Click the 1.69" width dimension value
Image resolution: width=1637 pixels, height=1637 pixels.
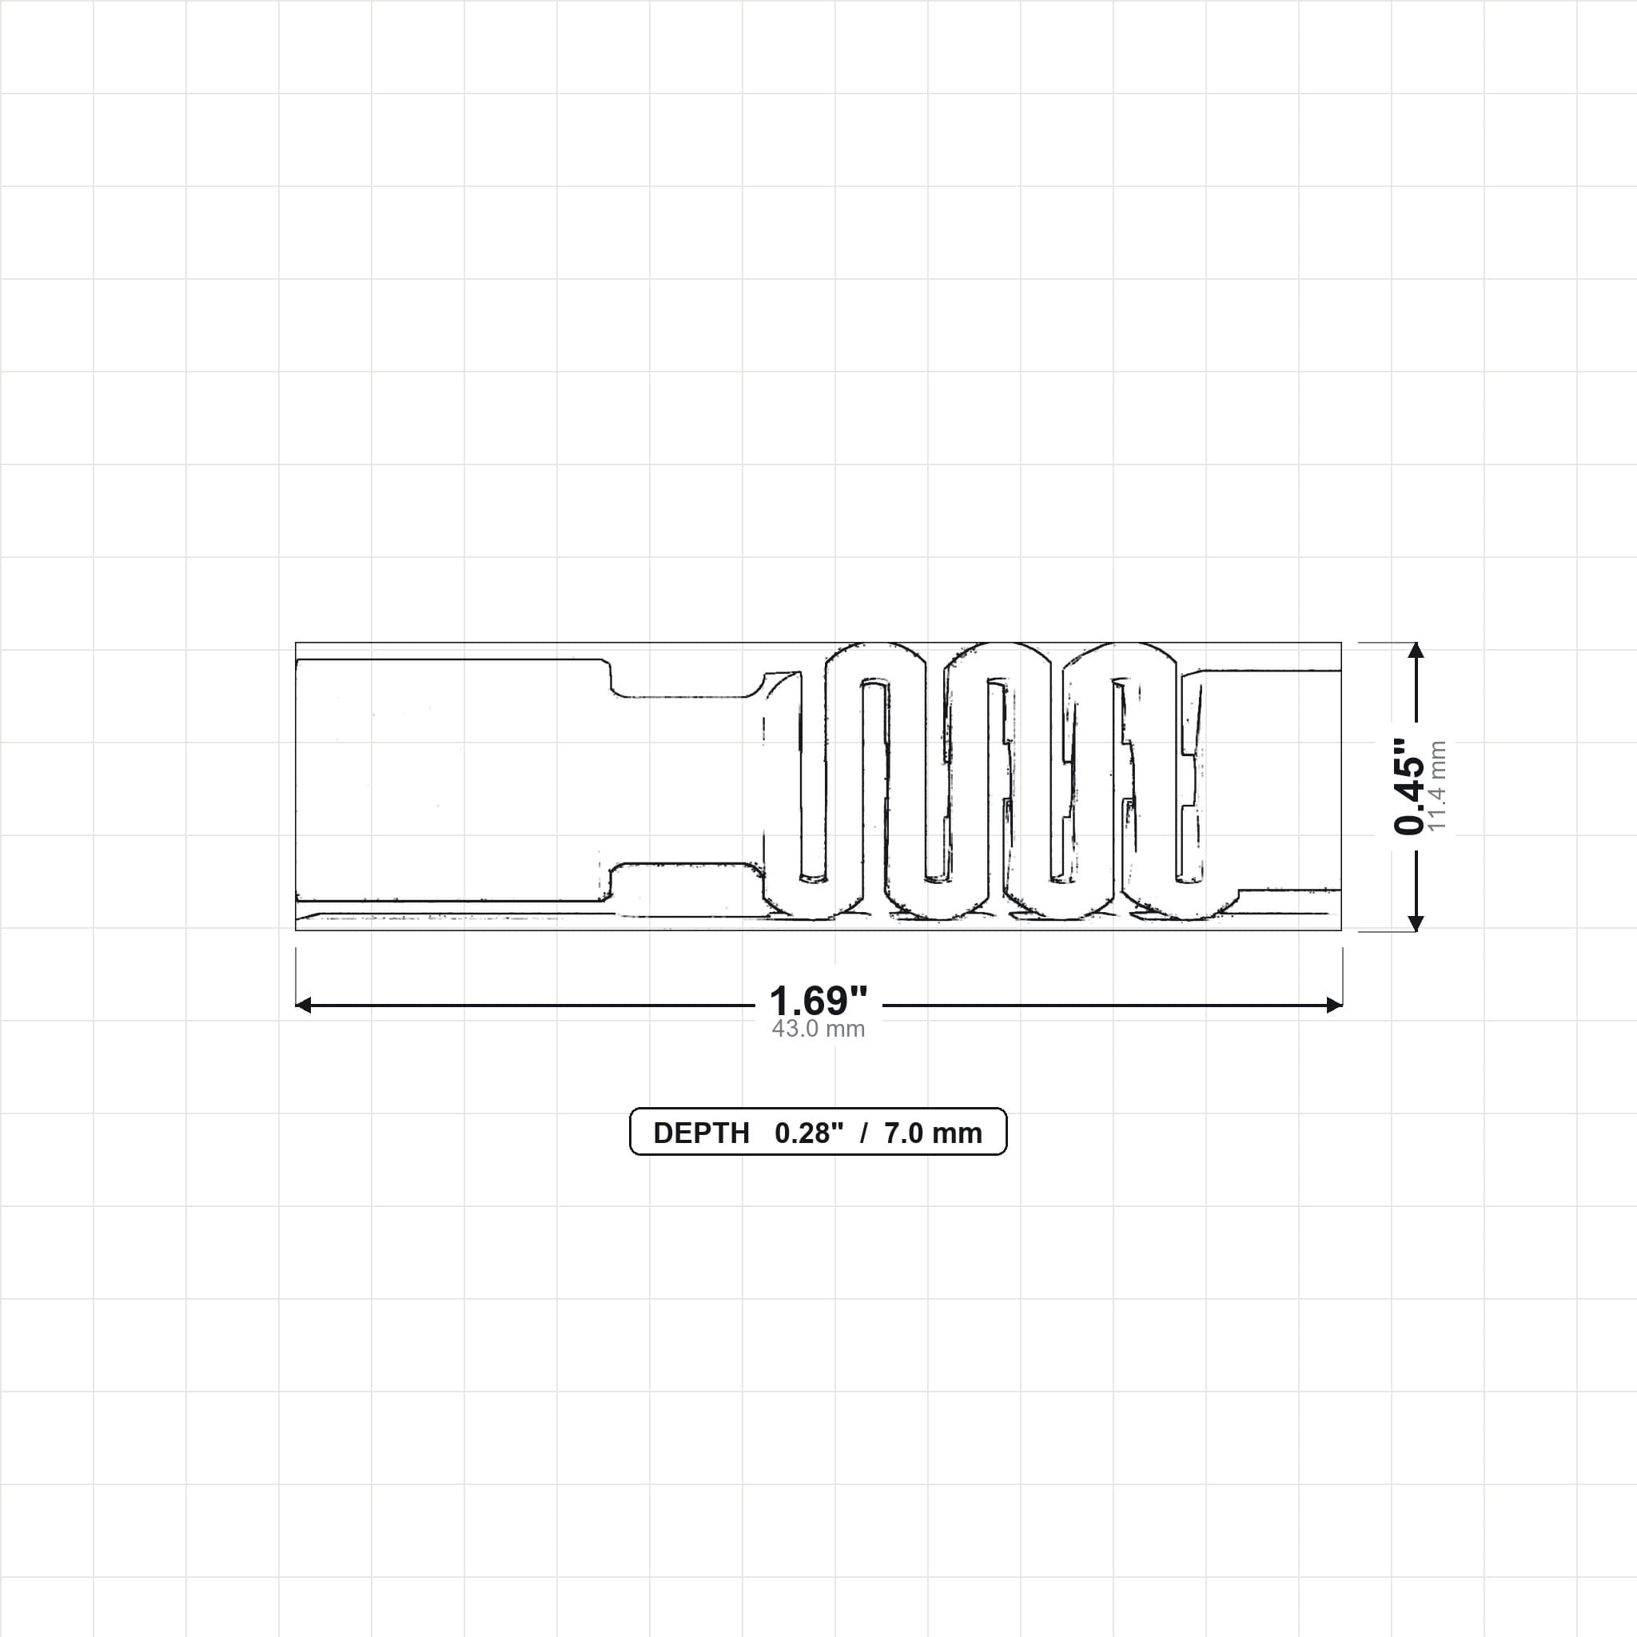pos(818,1001)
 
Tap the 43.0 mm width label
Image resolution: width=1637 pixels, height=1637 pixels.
pos(818,1030)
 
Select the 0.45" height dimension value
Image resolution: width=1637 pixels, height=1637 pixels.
pos(1410,787)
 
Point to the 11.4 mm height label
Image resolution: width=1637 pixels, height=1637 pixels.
pos(1438,787)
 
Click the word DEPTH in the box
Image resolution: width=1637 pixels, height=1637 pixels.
pos(702,1133)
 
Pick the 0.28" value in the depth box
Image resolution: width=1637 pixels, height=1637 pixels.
pos(809,1133)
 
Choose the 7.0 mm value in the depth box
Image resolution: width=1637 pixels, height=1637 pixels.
pos(933,1133)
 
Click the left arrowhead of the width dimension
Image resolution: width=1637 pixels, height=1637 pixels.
pos(302,1005)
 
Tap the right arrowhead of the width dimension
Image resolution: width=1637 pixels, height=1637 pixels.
pos(1335,1005)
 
